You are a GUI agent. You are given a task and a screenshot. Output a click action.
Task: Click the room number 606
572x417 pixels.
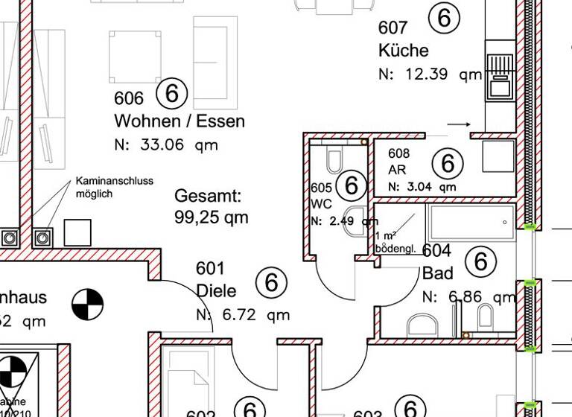[128, 98]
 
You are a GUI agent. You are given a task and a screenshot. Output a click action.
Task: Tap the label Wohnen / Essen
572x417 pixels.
[179, 121]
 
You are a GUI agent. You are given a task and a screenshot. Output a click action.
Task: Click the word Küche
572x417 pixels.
[403, 51]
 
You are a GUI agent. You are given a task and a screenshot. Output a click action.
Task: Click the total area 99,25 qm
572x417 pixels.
[212, 217]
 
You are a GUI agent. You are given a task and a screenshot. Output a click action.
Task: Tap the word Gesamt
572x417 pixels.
[208, 197]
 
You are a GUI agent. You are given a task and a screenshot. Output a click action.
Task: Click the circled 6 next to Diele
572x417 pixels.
[271, 282]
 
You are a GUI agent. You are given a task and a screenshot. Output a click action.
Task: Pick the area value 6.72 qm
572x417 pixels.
[252, 315]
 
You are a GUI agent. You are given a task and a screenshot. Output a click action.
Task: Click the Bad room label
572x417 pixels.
[437, 273]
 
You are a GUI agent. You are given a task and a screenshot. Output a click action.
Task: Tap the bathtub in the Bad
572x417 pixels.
[470, 222]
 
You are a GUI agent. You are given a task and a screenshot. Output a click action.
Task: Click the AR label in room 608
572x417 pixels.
[397, 170]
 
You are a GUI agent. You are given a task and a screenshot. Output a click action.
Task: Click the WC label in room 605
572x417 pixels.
[320, 203]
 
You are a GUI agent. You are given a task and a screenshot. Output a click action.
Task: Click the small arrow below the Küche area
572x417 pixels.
[459, 124]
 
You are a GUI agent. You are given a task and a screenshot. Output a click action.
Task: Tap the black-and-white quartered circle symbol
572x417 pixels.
[88, 304]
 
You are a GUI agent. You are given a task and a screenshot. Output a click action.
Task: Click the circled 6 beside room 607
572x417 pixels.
[445, 18]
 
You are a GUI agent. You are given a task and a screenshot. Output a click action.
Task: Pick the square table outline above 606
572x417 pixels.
[136, 57]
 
